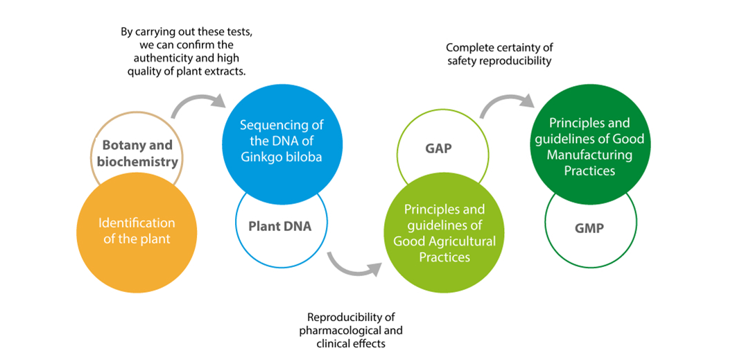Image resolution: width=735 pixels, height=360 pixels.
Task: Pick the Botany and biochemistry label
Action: pos(137,153)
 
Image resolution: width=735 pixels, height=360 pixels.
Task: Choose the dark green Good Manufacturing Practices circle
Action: pos(589,146)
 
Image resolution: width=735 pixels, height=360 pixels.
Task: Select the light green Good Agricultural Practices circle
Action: pos(444,233)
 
